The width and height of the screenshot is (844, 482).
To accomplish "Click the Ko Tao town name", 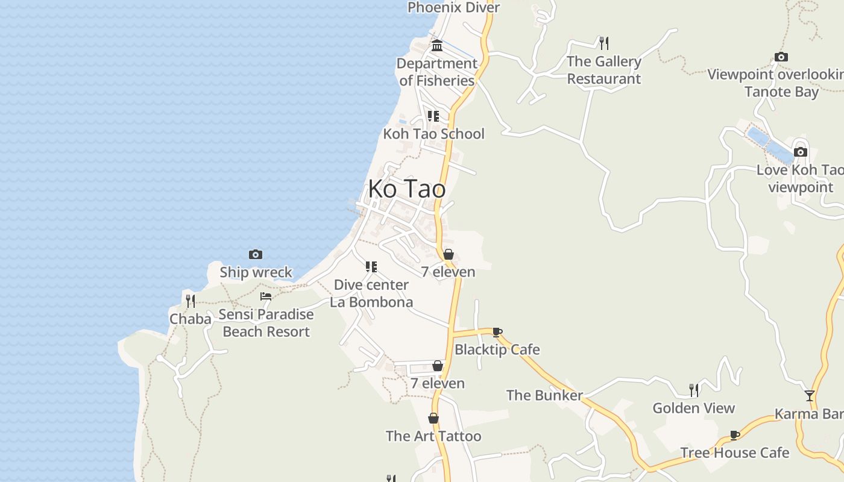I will click(x=407, y=189).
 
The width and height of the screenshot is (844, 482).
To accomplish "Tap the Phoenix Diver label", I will click(x=453, y=7).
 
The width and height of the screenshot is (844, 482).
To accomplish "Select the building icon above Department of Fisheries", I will click(x=437, y=46).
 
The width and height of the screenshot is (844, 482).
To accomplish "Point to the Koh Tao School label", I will click(x=433, y=134).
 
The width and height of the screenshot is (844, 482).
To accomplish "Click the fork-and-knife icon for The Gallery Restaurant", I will click(x=604, y=43).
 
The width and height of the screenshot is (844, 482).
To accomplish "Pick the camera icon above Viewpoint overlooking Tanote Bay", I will click(x=781, y=57).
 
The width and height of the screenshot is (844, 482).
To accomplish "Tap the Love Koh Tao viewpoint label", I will click(x=800, y=178).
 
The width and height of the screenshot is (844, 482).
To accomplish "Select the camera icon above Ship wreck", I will click(x=256, y=255).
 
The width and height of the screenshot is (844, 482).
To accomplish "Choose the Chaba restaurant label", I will click(x=191, y=319).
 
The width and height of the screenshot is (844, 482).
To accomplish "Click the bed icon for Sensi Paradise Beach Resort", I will click(x=266, y=296).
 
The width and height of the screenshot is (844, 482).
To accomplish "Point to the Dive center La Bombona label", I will click(x=371, y=293).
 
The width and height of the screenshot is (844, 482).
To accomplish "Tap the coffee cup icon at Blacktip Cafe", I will click(x=497, y=332).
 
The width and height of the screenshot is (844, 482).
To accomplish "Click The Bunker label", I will click(x=544, y=395).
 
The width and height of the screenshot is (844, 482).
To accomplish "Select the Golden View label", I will click(x=694, y=408).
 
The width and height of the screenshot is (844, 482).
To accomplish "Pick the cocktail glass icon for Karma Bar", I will click(x=810, y=396).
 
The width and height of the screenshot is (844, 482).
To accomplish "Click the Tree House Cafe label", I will click(x=734, y=452).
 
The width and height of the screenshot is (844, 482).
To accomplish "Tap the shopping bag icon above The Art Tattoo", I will click(x=433, y=418).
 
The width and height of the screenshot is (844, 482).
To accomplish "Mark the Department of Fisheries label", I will click(x=437, y=72).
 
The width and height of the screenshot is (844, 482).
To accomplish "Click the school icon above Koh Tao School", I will click(x=433, y=116).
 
